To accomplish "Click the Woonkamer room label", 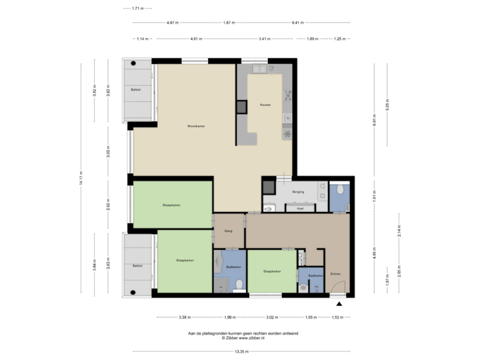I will pyautogui.click(x=195, y=125).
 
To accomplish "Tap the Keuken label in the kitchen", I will pyautogui.click(x=265, y=105).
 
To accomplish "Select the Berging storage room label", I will pyautogui.click(x=298, y=191).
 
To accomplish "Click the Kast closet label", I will pyautogui.click(x=300, y=209).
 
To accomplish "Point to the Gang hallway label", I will pyautogui.click(x=227, y=231).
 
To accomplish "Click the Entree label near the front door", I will pyautogui.click(x=335, y=273).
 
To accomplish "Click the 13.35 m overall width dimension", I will pyautogui.click(x=241, y=351).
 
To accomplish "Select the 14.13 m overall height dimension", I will pyautogui.click(x=81, y=179).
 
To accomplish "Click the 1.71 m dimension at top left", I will pyautogui.click(x=137, y=9).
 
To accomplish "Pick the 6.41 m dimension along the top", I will pyautogui.click(x=297, y=23).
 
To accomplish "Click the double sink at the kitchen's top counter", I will pyautogui.click(x=259, y=69).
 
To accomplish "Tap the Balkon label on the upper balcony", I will pyautogui.click(x=136, y=89).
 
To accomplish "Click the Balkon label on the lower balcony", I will pyautogui.click(x=137, y=265).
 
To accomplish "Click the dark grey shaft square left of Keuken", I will pyautogui.click(x=241, y=106).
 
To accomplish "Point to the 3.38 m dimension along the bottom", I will pyautogui.click(x=185, y=317).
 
